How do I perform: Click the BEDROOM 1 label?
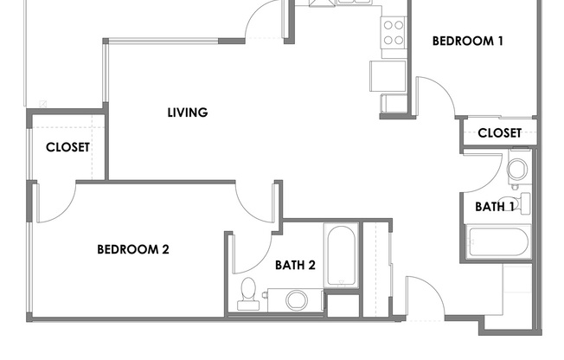[x=467, y=41]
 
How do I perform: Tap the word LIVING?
[x=188, y=112]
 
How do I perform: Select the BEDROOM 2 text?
[x=132, y=249]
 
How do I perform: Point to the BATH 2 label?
[x=295, y=265]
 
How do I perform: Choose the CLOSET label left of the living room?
[x=67, y=147]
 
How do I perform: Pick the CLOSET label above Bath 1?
[x=499, y=132]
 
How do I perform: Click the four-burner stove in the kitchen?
[x=394, y=33]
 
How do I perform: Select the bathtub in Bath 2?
[x=341, y=255]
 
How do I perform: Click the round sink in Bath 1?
[x=518, y=169]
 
